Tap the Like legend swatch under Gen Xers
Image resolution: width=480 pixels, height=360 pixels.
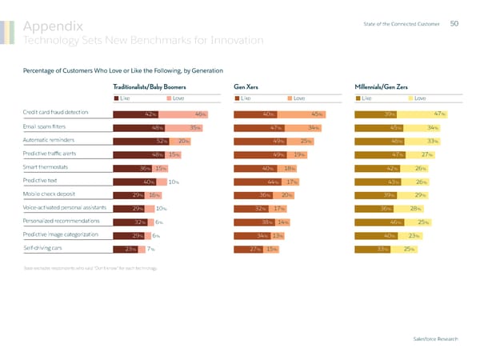click(237, 98)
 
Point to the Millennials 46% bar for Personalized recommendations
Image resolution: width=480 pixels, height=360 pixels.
click(380, 222)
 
